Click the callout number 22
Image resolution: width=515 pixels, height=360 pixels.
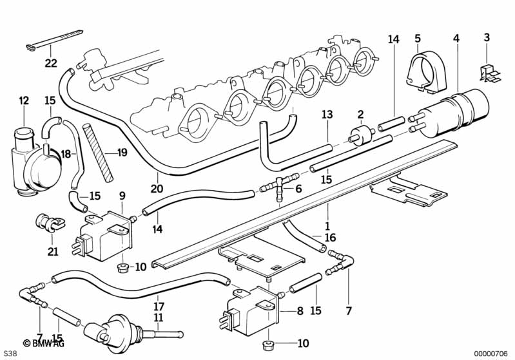click(x=51, y=63)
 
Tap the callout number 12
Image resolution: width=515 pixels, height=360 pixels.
click(x=24, y=100)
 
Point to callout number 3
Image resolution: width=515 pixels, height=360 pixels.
click(x=487, y=38)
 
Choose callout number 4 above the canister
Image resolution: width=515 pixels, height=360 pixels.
click(x=456, y=39)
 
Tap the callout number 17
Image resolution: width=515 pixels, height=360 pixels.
click(x=159, y=306)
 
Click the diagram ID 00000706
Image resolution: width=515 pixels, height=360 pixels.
click(x=492, y=353)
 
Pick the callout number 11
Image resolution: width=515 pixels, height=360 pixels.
click(x=159, y=317)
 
